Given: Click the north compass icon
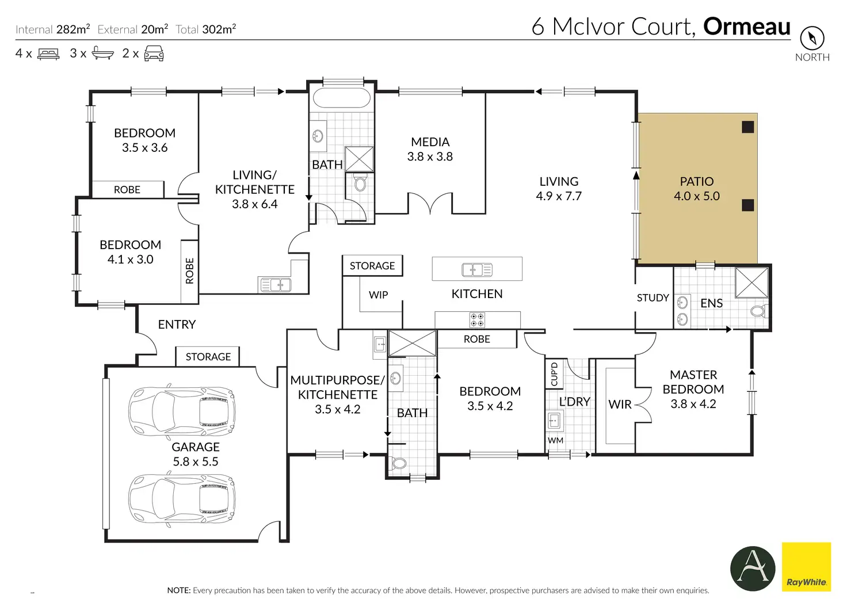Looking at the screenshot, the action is tap(812, 38).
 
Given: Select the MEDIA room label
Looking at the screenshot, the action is tap(430, 142).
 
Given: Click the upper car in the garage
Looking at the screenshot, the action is tap(181, 411).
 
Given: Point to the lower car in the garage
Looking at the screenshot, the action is tap(181, 498).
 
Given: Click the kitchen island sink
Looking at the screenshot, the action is tap(477, 270).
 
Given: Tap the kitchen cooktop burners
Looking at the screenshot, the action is tap(477, 319).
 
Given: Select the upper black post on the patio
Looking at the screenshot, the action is tap(747, 127).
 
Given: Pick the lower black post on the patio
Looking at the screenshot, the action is tap(747, 205).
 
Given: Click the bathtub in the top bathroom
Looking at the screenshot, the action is tap(341, 98).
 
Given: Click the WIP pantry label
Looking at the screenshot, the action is tap(378, 295).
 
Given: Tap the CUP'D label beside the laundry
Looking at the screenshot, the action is tap(554, 374).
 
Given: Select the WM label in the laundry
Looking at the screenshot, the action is tap(555, 440).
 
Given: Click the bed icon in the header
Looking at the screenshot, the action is tap(48, 54).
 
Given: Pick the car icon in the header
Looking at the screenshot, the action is tap(154, 54).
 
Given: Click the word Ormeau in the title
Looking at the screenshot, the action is tap(747, 26).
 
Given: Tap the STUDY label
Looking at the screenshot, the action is tap(653, 298).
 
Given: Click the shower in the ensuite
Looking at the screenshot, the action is tap(751, 283).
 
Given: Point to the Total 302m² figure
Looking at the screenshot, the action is tap(205, 29).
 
